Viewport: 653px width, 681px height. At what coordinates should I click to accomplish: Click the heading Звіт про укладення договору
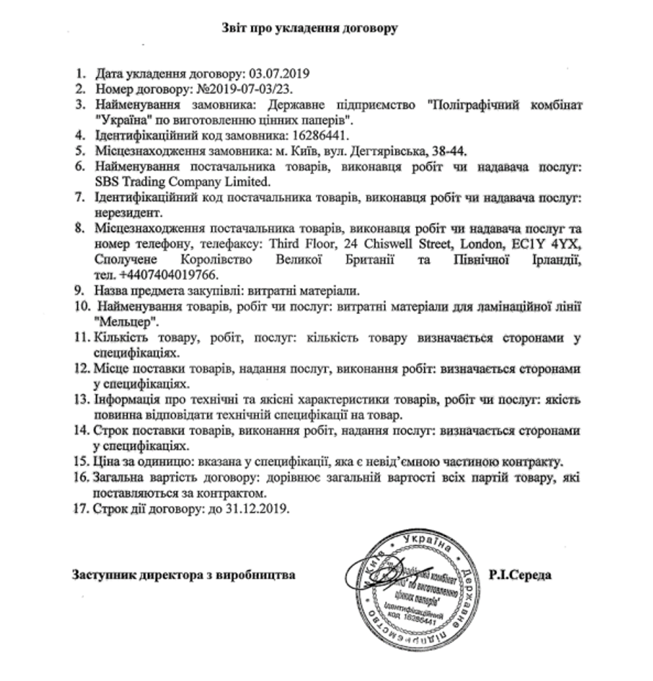coord(310,29)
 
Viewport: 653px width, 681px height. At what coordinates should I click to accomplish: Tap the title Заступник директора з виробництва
coord(183,575)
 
